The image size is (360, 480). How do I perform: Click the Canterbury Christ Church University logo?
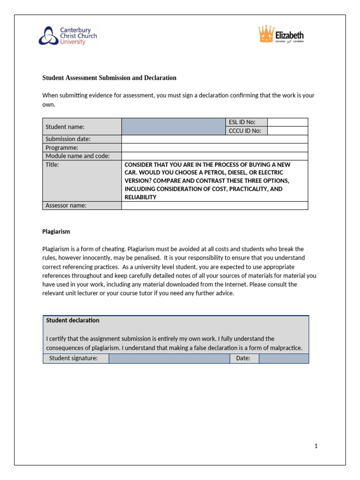[68, 36]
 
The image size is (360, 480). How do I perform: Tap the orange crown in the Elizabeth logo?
[266, 35]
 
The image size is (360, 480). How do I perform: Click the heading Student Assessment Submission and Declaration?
[109, 78]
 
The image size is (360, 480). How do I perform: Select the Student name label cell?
[82, 127]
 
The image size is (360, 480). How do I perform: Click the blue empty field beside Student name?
[173, 127]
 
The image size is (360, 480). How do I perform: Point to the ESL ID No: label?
[241, 122]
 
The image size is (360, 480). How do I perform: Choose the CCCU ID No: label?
[244, 131]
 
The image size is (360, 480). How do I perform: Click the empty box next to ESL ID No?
[287, 122]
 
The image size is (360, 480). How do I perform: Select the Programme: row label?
[62, 148]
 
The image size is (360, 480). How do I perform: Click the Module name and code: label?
[77, 156]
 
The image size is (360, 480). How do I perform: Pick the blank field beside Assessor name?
[214, 205]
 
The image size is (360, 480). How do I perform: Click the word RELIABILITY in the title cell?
[140, 197]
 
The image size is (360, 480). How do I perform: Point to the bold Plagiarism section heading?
[56, 232]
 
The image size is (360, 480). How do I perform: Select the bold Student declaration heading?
[73, 320]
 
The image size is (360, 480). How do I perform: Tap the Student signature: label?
[73, 359]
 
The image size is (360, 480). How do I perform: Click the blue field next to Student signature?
[169, 359]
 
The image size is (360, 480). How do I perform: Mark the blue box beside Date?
[284, 359]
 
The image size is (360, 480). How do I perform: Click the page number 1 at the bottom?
[316, 446]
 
